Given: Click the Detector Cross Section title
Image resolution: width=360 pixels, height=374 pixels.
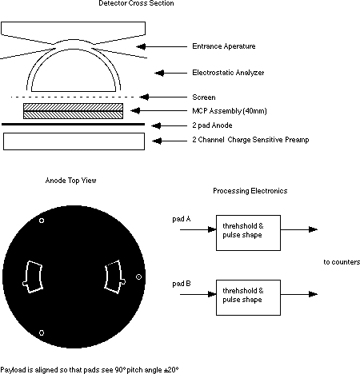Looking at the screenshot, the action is point(136,3).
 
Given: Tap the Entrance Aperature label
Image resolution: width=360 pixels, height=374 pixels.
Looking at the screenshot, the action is point(224,46).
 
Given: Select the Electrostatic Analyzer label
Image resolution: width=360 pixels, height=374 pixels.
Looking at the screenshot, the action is point(228,73).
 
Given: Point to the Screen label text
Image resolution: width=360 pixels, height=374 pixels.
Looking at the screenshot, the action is point(204,97).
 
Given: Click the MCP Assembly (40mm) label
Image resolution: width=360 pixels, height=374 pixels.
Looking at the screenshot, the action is point(230,111).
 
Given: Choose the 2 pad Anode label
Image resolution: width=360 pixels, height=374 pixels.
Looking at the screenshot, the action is point(212,125).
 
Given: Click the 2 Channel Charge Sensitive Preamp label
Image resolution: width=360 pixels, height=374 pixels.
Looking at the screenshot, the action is point(250,140).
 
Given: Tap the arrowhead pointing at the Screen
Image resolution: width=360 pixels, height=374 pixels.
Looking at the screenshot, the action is point(144,97).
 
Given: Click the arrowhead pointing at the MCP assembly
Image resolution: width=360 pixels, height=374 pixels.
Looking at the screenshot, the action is point(135,110).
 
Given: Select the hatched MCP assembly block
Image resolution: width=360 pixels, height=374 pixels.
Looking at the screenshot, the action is point(74,111).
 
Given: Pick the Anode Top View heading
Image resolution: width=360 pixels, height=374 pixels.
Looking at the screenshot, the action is point(70,181).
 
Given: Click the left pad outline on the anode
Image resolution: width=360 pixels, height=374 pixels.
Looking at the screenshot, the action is point(27,277).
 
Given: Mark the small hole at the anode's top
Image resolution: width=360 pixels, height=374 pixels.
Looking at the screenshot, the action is point(42,221).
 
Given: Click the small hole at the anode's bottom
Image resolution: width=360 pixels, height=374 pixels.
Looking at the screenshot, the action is point(42,332).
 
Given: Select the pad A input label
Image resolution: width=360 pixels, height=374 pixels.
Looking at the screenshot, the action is point(182,219).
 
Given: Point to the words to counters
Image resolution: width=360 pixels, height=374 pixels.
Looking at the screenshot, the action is point(342,262).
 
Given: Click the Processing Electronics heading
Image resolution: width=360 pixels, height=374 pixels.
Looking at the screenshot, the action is point(250,191).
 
